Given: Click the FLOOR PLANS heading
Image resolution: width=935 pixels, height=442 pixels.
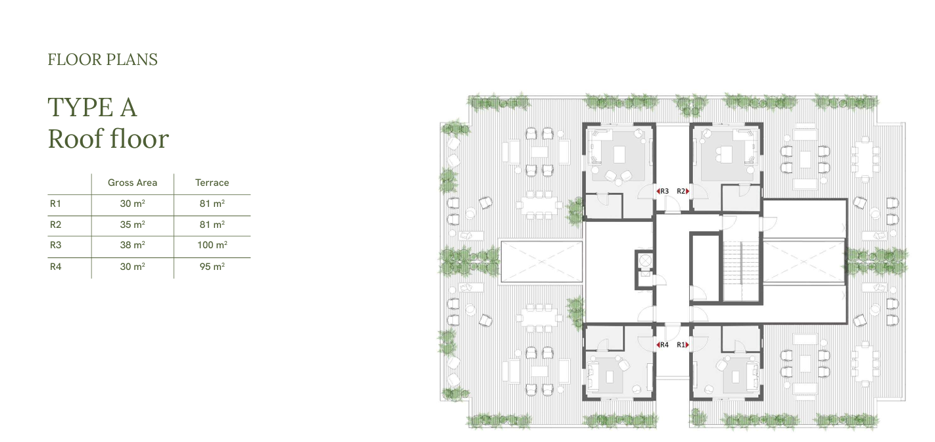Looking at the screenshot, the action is (x=103, y=60).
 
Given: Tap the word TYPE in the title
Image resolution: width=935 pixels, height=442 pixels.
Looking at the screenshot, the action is (x=80, y=107).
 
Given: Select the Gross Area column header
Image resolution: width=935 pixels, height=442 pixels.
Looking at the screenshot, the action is (x=132, y=183).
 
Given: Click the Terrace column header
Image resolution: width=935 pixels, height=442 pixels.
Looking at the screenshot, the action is (x=212, y=183).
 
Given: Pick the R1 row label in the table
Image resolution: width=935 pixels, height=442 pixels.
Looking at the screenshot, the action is (x=55, y=204).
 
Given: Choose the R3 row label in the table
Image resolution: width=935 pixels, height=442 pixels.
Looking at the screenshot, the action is (x=55, y=245).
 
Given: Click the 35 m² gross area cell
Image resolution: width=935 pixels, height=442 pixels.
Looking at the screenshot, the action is (x=132, y=225).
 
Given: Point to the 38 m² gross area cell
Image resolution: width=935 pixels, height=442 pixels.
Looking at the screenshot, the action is (x=132, y=245).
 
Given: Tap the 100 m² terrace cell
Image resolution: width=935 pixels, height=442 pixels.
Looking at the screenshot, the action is (x=212, y=245).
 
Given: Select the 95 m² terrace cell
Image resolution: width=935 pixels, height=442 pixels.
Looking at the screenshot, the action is (x=212, y=267).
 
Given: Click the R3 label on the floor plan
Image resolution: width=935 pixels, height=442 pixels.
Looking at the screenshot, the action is (x=665, y=191).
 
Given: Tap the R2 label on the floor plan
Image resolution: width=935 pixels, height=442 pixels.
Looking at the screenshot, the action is (x=681, y=191).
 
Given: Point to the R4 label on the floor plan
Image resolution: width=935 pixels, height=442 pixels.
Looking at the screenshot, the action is (x=665, y=345).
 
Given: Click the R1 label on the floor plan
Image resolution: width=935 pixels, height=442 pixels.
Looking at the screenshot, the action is (x=681, y=345).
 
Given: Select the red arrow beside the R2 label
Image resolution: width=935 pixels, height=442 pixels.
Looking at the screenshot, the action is (x=688, y=191).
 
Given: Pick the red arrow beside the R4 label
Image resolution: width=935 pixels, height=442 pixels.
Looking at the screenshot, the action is (x=658, y=345).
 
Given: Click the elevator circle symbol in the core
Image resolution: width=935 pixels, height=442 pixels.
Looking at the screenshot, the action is (x=645, y=261).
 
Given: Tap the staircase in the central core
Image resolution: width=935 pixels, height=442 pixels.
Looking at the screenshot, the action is (x=741, y=271).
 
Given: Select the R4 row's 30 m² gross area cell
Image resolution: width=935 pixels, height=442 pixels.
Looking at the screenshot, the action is (x=132, y=267).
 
